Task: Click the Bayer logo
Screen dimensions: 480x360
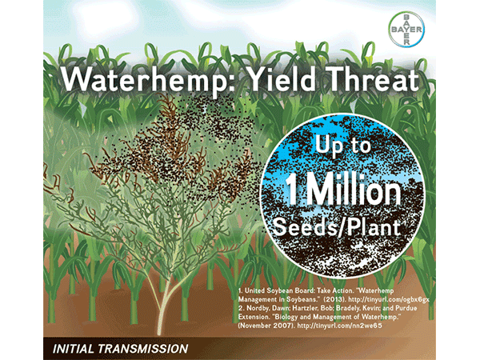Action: [406, 30]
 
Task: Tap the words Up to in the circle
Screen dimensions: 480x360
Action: [342, 145]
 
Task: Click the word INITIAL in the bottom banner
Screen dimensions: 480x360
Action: [73, 349]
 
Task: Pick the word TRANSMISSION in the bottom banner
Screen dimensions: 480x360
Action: [143, 349]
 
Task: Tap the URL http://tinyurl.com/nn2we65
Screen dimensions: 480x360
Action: [339, 326]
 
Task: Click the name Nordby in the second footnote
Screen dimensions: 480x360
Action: [258, 308]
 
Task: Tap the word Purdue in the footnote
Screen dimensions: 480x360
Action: [406, 308]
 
